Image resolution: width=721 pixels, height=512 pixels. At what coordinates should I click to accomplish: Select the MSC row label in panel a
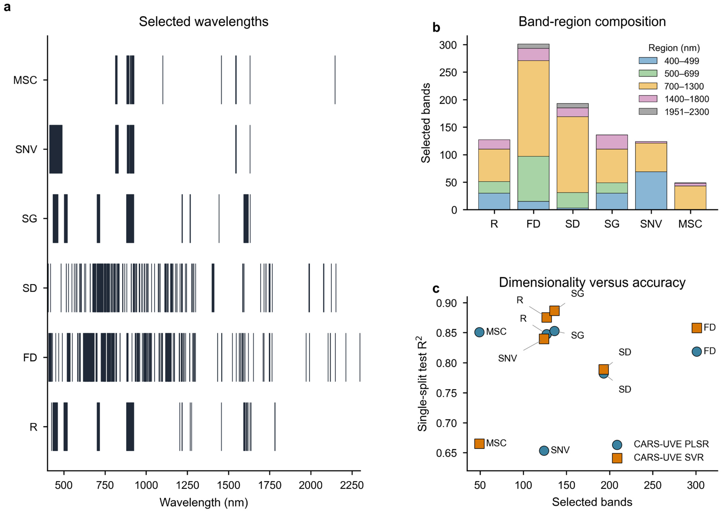[x=25, y=80]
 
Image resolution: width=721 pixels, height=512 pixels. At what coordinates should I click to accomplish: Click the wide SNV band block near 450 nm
[x=56, y=149]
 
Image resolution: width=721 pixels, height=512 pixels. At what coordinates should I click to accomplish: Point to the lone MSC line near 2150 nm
[x=335, y=80]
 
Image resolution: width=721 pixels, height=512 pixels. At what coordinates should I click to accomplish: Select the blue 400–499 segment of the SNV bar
[x=651, y=191]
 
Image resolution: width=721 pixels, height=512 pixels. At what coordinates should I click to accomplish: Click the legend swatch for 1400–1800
[x=648, y=99]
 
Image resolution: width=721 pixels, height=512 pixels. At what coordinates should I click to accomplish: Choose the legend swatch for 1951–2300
[x=648, y=111]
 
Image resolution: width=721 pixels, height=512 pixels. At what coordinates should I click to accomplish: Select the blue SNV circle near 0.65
[x=544, y=450]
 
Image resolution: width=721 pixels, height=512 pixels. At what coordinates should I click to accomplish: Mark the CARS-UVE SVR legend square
[x=617, y=458]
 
